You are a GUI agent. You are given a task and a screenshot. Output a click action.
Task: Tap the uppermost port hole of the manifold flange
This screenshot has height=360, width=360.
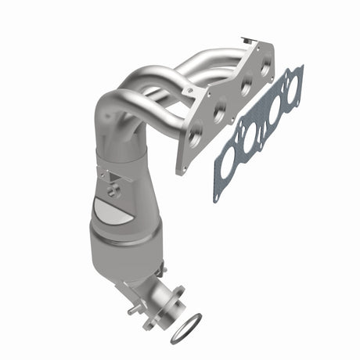(x=265, y=68)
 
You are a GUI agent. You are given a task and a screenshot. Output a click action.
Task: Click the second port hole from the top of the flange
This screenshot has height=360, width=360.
(x=243, y=88)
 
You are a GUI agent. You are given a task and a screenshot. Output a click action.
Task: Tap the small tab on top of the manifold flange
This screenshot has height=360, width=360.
(x=250, y=37)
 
